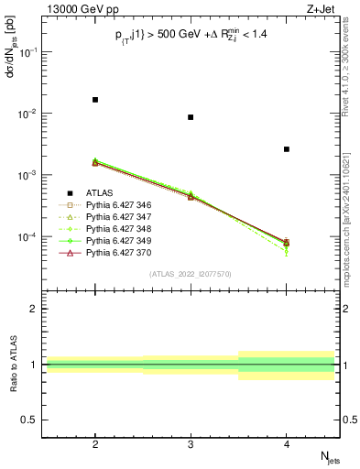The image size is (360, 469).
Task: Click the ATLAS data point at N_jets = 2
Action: click(x=95, y=99)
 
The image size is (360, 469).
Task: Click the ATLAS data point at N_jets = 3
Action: click(x=191, y=117)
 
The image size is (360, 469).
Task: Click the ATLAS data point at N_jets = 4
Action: click(x=287, y=149)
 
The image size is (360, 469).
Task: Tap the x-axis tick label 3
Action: click(x=191, y=441)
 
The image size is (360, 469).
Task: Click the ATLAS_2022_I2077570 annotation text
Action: click(x=191, y=273)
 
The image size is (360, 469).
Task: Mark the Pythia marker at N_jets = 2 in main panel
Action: click(x=95, y=162)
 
